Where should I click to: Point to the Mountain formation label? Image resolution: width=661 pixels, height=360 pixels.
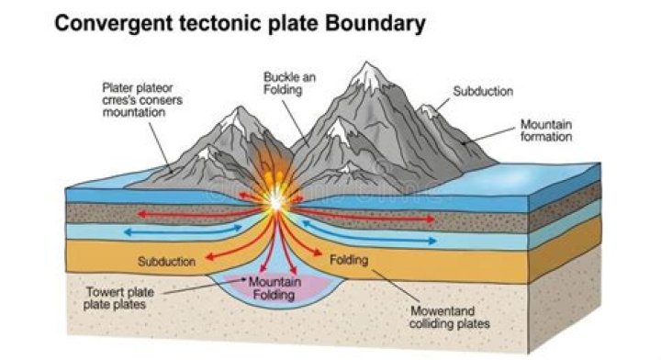[546, 129]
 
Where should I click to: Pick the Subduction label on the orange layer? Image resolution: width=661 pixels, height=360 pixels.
[166, 262]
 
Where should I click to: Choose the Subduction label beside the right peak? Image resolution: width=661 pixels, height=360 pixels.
[483, 92]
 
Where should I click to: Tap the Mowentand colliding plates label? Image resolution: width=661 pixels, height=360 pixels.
[451, 317]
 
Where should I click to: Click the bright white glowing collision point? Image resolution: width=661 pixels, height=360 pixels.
[273, 200]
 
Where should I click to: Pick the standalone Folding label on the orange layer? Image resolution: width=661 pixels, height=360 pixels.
[349, 260]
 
